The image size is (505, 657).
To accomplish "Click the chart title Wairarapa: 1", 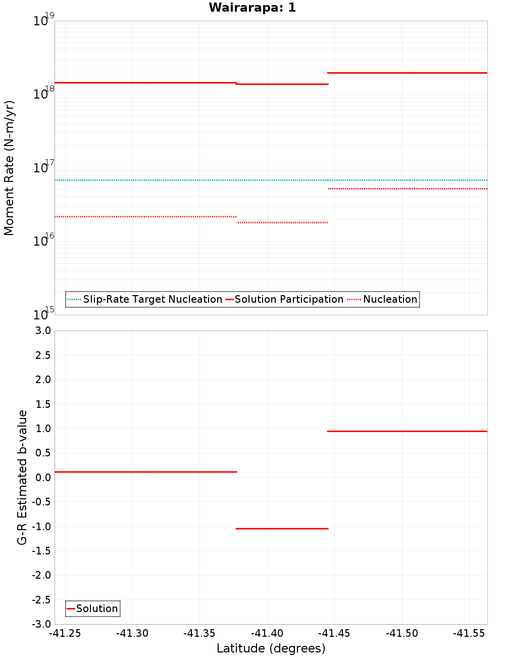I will tap(252, 8).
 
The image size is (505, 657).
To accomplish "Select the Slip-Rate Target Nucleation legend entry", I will tap(152, 299).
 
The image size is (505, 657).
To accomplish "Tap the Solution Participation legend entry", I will tap(288, 299).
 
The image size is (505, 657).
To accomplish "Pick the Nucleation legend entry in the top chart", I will tap(390, 299).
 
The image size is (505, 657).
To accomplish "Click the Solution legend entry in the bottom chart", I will tap(96, 608).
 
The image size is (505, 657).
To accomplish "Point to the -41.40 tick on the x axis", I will tap(267, 633).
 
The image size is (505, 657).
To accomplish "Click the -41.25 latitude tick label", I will tap(65, 633).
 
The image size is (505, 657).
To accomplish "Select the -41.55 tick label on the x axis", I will tap(469, 633).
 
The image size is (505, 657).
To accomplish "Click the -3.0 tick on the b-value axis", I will tap(42, 624).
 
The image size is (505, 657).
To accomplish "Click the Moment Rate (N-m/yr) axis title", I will tap(9, 168).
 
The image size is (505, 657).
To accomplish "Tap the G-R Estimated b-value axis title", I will tap(22, 477).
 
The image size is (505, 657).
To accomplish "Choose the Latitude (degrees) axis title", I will tap(271, 648).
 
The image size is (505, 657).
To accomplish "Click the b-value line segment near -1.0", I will tap(282, 529).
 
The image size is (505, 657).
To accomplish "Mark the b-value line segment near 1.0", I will tap(407, 431).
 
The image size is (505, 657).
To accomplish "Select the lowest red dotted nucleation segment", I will tap(282, 222).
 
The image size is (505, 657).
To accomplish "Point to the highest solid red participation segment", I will tap(407, 73).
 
